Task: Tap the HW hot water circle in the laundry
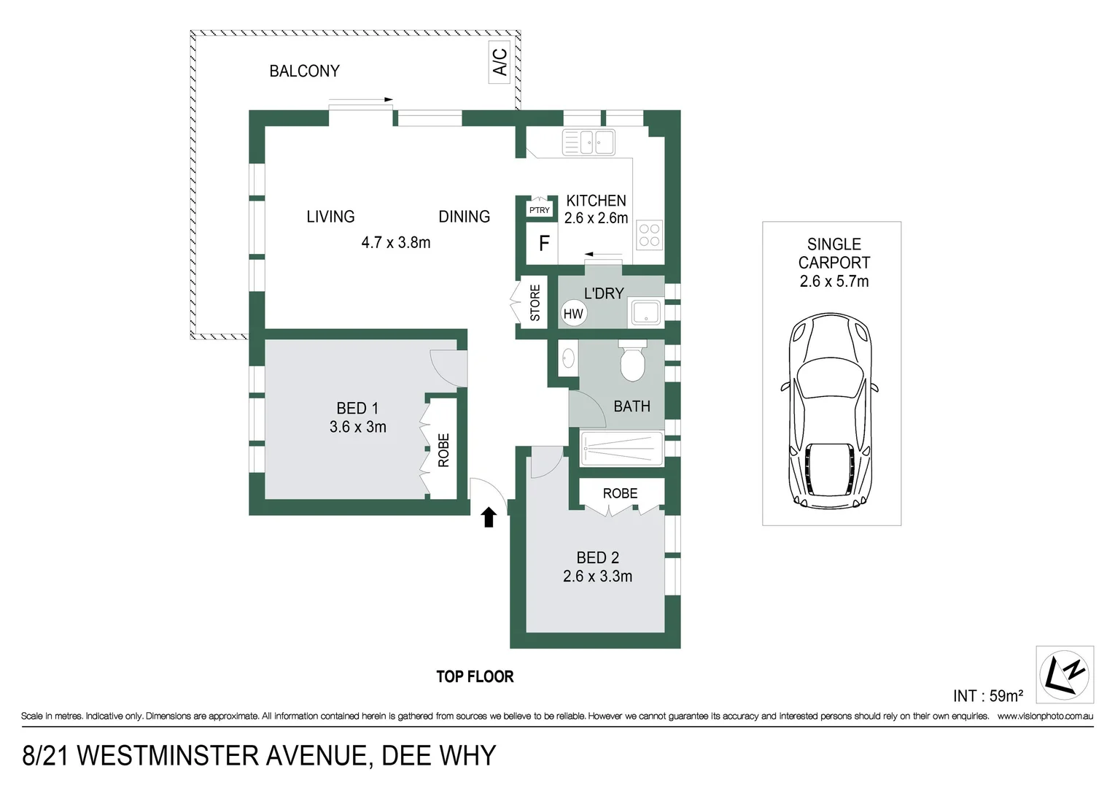573,314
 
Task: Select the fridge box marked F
543,244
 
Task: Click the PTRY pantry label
540,210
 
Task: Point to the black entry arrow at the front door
489,517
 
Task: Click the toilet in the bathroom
632,361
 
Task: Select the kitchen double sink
588,142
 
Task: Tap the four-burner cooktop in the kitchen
648,235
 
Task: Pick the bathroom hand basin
568,358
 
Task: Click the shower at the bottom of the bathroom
621,448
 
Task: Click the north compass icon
1064,674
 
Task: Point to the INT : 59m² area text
987,696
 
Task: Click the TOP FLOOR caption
475,677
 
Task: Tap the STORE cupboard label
535,303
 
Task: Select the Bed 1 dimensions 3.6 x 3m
357,427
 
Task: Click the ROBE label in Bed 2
620,494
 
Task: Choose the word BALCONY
304,71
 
